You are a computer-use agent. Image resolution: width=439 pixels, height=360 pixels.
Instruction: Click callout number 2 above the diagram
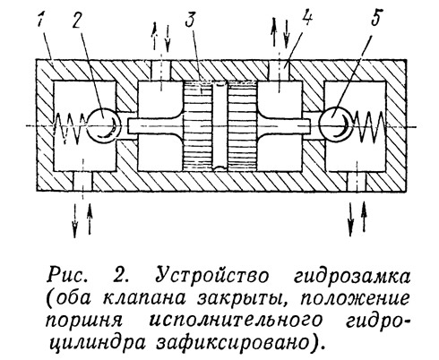(x=76, y=20)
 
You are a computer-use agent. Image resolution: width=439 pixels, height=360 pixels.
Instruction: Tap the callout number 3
(x=190, y=19)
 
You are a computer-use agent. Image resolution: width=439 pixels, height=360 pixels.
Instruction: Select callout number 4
(x=306, y=18)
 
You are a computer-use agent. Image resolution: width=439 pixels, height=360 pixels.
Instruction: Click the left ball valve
(x=104, y=125)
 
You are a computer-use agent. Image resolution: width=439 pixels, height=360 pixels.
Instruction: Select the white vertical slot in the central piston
(x=221, y=126)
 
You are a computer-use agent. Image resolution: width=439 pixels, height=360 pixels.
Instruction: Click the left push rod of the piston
(x=155, y=125)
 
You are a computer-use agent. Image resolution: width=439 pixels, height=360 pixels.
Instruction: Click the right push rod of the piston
(x=284, y=125)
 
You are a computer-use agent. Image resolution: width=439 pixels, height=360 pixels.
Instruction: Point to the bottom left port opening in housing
(x=82, y=181)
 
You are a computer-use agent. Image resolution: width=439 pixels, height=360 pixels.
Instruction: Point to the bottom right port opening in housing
(x=357, y=181)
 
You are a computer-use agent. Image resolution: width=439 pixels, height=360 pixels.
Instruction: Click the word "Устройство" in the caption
(x=212, y=275)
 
